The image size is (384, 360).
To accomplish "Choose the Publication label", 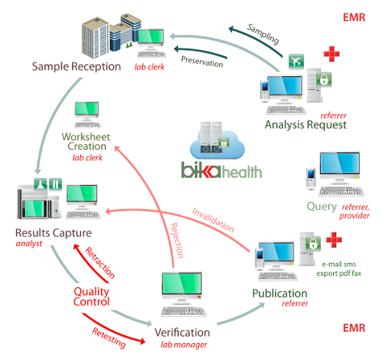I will [279, 293].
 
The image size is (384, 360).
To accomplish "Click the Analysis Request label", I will [305, 125].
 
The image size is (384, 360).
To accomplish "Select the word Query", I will [323, 205].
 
